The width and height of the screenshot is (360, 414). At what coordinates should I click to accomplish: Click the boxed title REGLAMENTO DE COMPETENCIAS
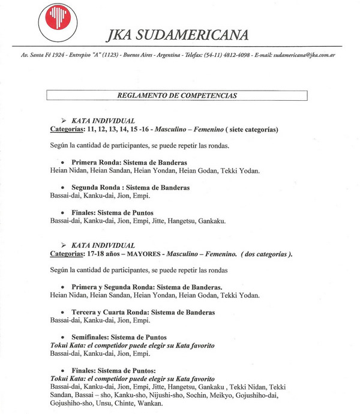pyautogui.click(x=177, y=95)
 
